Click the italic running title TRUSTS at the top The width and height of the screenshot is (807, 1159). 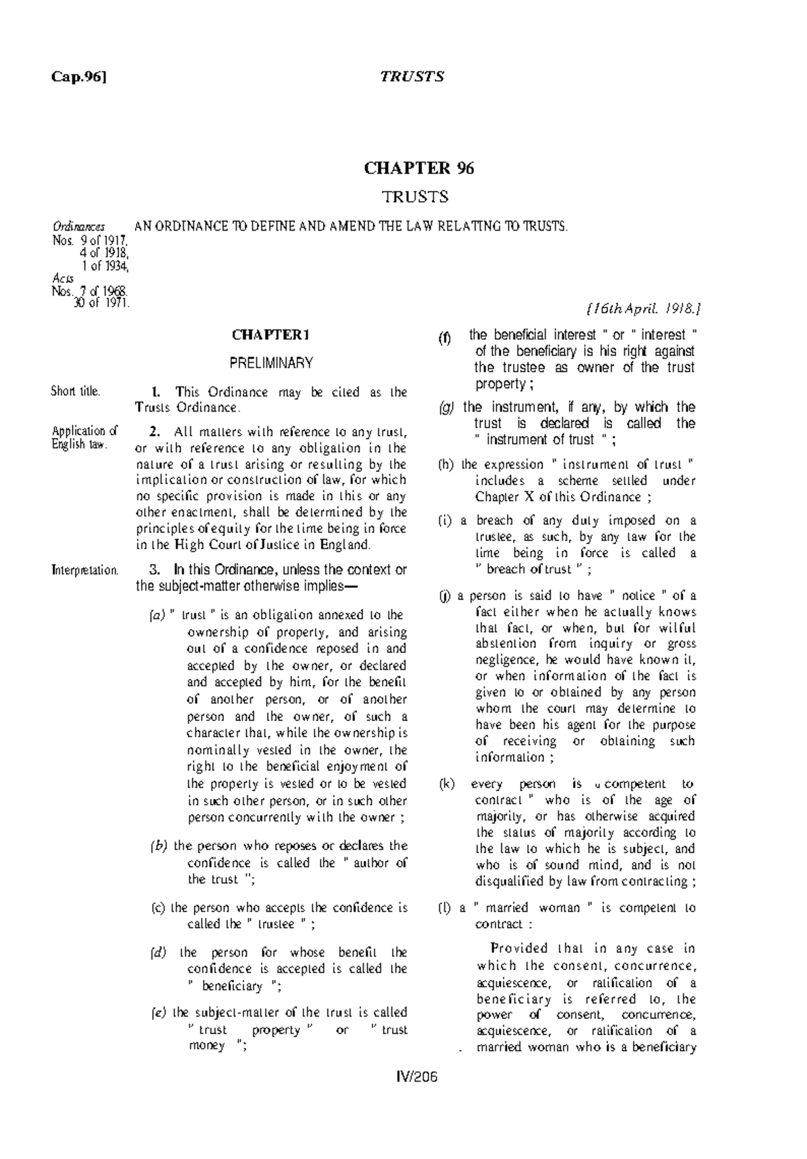click(x=412, y=77)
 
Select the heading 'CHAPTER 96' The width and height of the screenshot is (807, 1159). click(x=419, y=168)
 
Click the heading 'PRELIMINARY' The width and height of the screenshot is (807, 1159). click(x=271, y=363)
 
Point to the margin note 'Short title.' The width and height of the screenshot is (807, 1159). click(x=76, y=391)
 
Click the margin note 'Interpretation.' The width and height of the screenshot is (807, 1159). click(x=85, y=570)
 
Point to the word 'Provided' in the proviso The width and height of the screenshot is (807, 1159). click(x=519, y=948)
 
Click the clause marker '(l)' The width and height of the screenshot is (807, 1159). click(x=445, y=907)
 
